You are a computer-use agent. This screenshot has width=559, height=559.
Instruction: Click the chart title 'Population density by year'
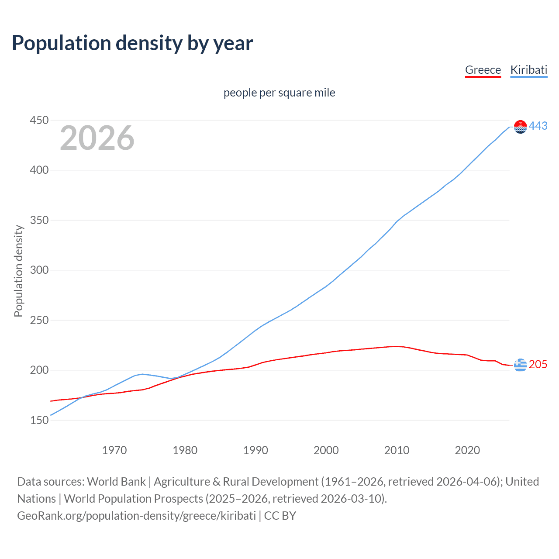tap(132, 43)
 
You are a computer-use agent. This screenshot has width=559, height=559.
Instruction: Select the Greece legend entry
tap(483, 70)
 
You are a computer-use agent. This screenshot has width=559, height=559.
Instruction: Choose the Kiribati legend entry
tap(528, 70)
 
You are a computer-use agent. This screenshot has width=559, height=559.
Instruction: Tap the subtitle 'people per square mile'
tap(279, 93)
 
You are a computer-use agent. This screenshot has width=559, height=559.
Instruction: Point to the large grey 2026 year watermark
tap(97, 138)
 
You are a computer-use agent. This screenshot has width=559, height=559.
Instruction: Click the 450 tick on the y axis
tap(39, 120)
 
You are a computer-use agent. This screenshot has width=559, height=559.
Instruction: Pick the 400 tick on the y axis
tap(39, 170)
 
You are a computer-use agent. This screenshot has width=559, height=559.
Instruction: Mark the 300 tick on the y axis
tap(39, 270)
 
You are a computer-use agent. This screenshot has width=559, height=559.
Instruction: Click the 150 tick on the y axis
tap(39, 420)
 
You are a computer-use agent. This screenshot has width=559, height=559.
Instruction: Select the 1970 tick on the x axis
tap(114, 450)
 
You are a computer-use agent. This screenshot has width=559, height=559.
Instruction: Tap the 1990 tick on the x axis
tap(255, 450)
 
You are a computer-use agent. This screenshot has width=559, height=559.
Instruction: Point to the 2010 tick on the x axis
tap(397, 450)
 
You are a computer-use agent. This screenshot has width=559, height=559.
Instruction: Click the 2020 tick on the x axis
tap(467, 450)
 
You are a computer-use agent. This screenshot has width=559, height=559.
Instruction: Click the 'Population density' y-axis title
tap(18, 271)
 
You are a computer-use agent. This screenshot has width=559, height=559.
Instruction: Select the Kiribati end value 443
tap(538, 126)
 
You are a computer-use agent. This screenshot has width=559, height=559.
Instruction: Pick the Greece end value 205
tap(538, 364)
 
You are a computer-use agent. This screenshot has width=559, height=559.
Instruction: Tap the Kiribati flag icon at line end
tap(520, 127)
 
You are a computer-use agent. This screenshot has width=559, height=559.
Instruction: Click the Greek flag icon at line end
tap(520, 364)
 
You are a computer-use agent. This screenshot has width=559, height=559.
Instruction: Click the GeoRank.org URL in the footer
tap(136, 516)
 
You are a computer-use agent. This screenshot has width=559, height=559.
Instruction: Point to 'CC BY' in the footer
tap(280, 516)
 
